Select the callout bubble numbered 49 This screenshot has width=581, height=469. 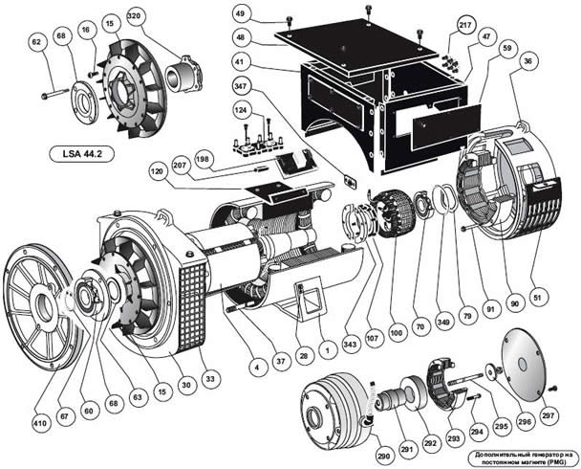click(241, 13)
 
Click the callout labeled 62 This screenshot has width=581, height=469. click(37, 42)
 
